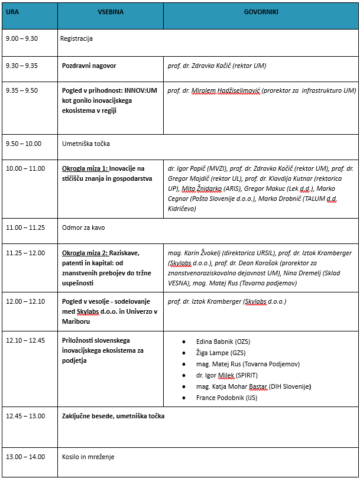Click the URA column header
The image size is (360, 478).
pyautogui.click(x=12, y=11)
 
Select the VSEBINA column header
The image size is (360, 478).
pyautogui.click(x=111, y=11)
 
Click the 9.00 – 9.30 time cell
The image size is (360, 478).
pyautogui.click(x=22, y=38)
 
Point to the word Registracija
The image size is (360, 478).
pyautogui.click(x=76, y=38)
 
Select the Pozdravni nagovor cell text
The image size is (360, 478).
pyautogui.click(x=89, y=66)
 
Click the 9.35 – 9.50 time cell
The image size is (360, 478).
pyautogui.click(x=22, y=90)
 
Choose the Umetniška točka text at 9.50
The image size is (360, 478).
pyautogui.click(x=86, y=143)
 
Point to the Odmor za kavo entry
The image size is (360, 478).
pyautogui.click(x=83, y=227)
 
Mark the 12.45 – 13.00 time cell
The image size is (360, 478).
pyautogui.click(x=25, y=416)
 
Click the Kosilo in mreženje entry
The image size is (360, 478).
pyautogui.click(x=88, y=457)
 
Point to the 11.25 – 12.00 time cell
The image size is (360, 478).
pyautogui.click(x=25, y=252)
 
